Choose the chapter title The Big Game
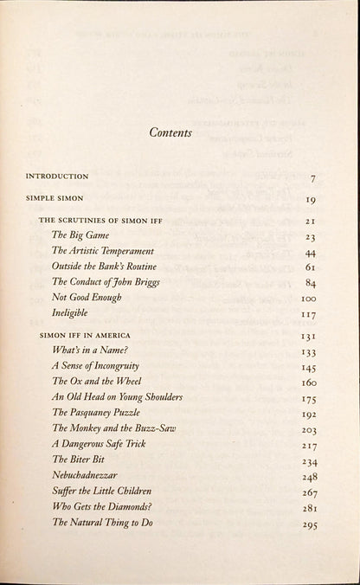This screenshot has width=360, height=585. (x=76, y=235)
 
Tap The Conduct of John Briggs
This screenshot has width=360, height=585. (x=106, y=281)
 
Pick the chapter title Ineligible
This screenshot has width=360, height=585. (x=73, y=312)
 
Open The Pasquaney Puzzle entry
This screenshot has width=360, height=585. (x=99, y=412)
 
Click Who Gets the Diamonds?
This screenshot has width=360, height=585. (x=102, y=506)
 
